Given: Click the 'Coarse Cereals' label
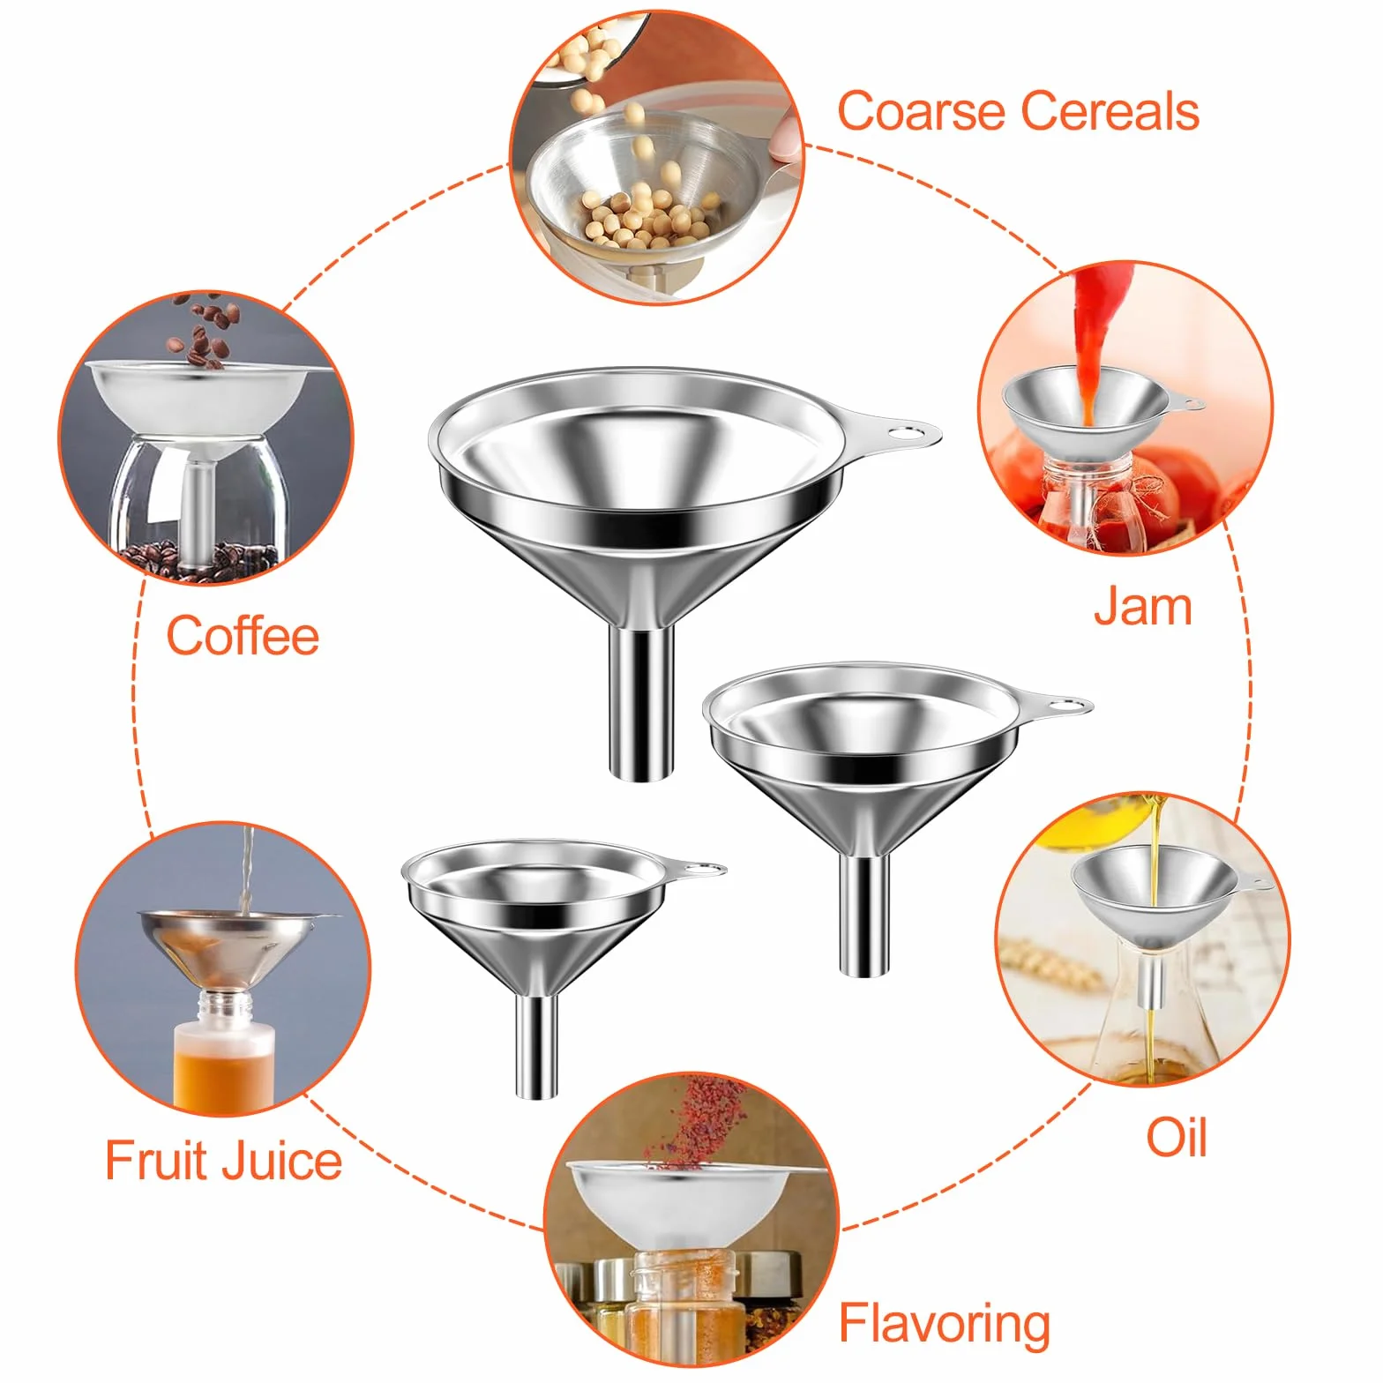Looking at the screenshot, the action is (1018, 111).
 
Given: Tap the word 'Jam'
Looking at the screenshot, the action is (1142, 607).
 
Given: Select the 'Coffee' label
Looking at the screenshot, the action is (243, 636).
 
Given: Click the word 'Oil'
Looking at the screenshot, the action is (1176, 1137).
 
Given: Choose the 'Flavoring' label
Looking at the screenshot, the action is (944, 1323).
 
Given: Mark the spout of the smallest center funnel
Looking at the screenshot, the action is (537, 1046).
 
